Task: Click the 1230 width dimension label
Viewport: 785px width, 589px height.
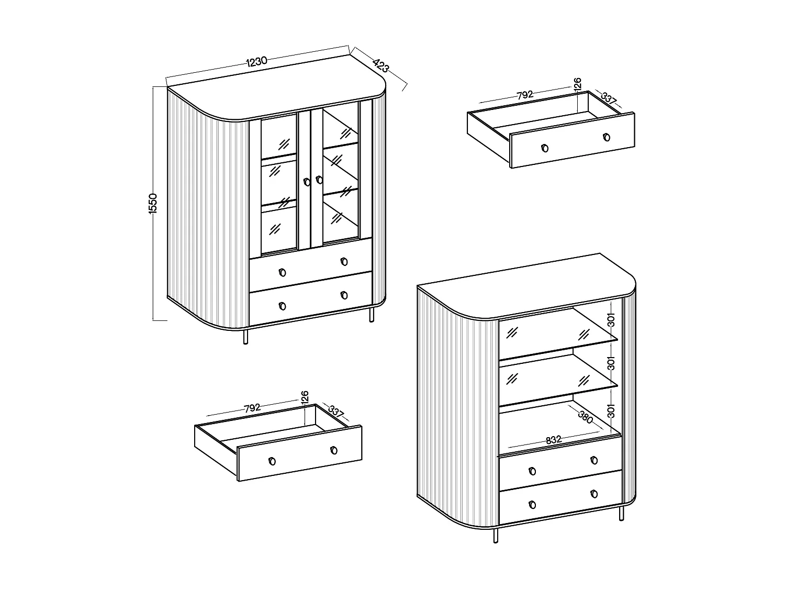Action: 256,61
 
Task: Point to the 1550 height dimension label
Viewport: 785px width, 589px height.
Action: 153,204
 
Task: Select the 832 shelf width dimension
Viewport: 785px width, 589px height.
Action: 553,440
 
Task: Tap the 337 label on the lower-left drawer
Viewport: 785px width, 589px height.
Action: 335,411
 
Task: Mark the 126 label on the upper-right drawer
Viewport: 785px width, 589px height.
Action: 577,84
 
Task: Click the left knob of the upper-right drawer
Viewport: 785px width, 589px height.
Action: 545,148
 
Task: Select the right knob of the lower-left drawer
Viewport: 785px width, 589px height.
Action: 333,450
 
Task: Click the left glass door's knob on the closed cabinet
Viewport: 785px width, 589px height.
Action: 307,182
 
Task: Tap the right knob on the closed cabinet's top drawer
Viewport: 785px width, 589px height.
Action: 344,261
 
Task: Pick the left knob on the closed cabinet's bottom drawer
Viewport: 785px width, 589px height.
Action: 283,306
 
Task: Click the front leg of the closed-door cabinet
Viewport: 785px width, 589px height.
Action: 245,337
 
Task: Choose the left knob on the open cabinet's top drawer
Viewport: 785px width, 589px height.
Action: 532,471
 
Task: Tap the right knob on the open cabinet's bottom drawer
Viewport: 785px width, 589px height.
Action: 593,494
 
